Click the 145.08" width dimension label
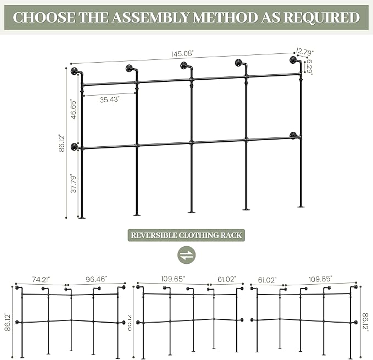click(x=182, y=54)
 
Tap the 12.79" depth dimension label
click(x=305, y=52)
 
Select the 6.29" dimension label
click(x=309, y=67)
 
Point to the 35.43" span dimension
click(x=109, y=99)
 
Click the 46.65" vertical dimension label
click(x=74, y=110)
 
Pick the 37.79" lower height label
click(x=74, y=184)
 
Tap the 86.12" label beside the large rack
click(x=62, y=143)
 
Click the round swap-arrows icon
click(x=187, y=255)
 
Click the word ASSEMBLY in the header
click(x=151, y=18)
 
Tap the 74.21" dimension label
click(x=41, y=279)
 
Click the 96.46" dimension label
click(x=96, y=279)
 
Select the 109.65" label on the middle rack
click(x=173, y=279)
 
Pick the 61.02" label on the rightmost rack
click(x=268, y=280)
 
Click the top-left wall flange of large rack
click(x=74, y=71)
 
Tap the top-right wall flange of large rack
click(x=293, y=60)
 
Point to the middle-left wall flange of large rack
click(x=74, y=147)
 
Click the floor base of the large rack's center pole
click(x=192, y=212)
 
